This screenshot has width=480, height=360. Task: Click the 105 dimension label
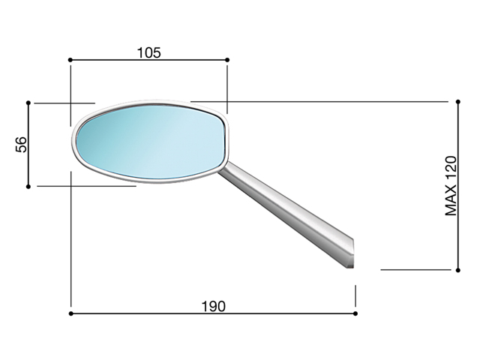click(148, 52)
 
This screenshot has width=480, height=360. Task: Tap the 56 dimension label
click(22, 145)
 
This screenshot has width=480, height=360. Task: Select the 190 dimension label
click(214, 306)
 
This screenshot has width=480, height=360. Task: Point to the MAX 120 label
click(451, 186)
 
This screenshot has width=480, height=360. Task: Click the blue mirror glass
click(150, 142)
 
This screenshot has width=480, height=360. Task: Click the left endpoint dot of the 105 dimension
click(70, 60)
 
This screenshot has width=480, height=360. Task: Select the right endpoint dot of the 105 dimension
click(227, 60)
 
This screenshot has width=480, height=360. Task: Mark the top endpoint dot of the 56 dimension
click(28, 103)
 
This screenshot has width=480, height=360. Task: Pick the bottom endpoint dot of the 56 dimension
click(28, 187)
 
